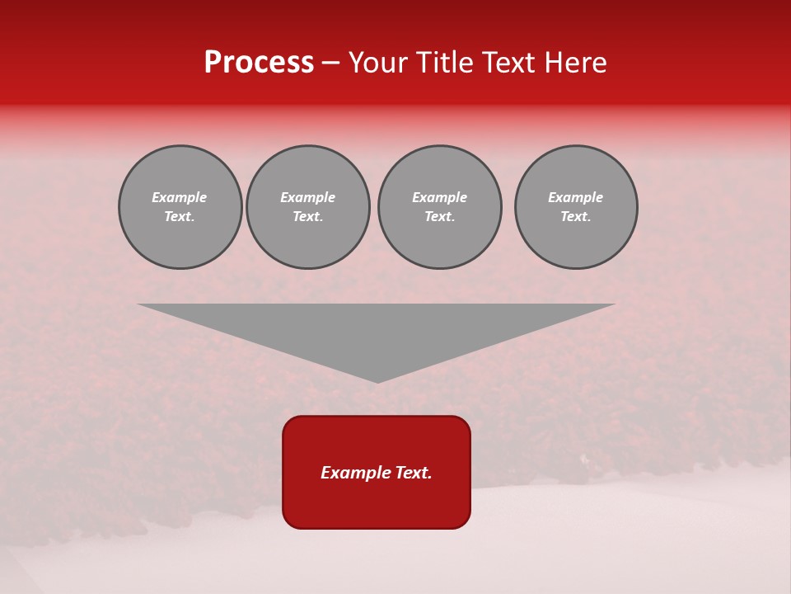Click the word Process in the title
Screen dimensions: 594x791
point(259,63)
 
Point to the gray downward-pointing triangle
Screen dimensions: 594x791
point(377,330)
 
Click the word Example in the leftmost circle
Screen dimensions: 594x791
point(180,197)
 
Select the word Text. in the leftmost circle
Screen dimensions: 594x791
point(180,217)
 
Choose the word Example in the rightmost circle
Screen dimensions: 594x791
point(576,197)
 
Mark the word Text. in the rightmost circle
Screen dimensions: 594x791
point(576,217)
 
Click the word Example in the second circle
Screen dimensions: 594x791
point(308,197)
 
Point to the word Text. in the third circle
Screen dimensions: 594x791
point(440,217)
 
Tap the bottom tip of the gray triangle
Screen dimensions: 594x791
point(377,381)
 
